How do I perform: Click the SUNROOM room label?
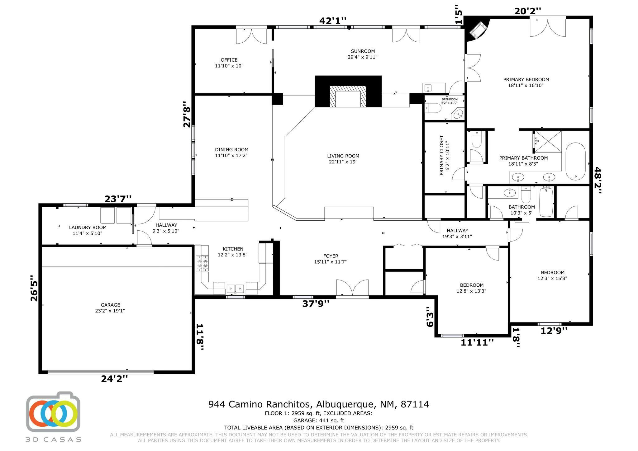363,51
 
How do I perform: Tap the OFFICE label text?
229,60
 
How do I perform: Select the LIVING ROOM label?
343,156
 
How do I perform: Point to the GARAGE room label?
110,305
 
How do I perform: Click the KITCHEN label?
233,249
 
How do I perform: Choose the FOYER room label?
331,256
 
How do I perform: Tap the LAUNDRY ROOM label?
88,228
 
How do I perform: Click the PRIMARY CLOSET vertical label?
441,155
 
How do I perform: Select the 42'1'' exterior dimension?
333,21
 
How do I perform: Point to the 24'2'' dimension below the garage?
114,378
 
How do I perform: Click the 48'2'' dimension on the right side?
598,180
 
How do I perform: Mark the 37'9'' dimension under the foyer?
316,303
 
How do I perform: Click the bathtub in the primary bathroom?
575,162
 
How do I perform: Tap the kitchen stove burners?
202,263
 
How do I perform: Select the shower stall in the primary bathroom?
548,142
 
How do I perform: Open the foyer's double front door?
352,288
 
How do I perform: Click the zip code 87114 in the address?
415,404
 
